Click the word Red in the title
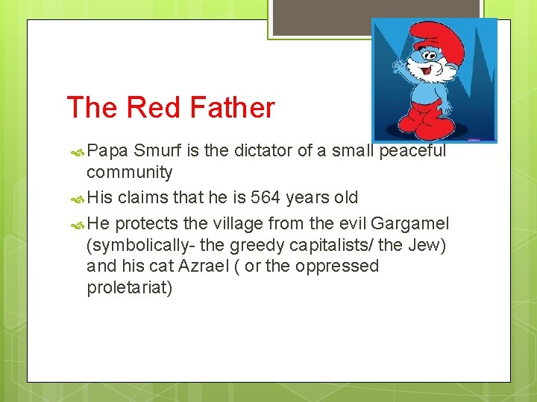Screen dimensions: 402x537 [x=150, y=108]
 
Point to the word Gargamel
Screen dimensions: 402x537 [x=409, y=223]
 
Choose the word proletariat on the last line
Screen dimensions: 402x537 [x=130, y=287]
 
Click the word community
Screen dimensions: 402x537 [x=129, y=173]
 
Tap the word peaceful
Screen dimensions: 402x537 [x=413, y=150]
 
